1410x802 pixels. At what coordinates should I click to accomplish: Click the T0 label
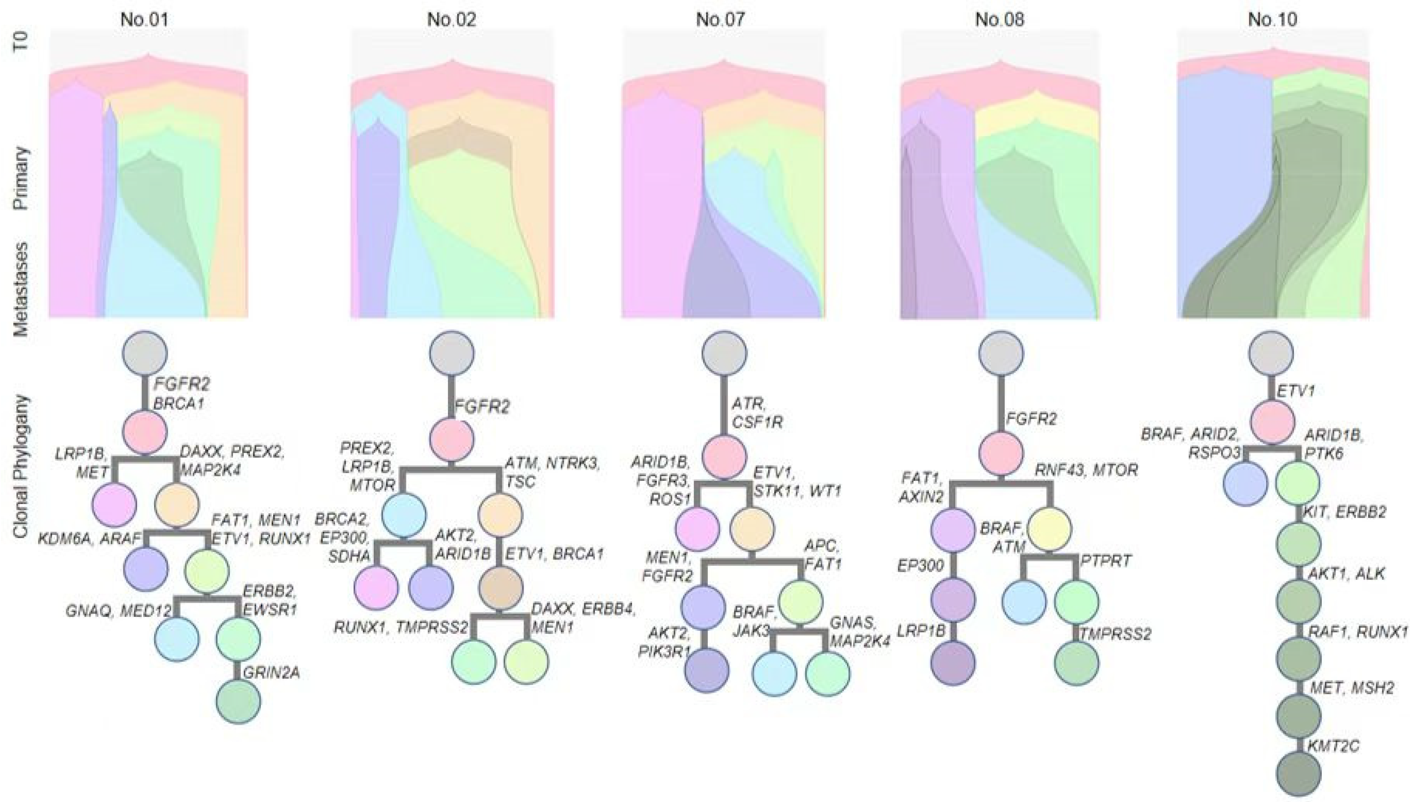(x=21, y=41)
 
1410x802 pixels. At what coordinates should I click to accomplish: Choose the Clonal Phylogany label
(x=21, y=466)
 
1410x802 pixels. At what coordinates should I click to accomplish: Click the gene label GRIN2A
(x=271, y=672)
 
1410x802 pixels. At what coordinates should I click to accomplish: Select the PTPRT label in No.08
(x=1105, y=561)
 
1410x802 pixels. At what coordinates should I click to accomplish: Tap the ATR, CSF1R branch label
(x=757, y=413)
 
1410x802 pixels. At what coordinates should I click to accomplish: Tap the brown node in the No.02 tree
(x=500, y=588)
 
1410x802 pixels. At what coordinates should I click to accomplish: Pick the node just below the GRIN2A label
(x=238, y=701)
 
